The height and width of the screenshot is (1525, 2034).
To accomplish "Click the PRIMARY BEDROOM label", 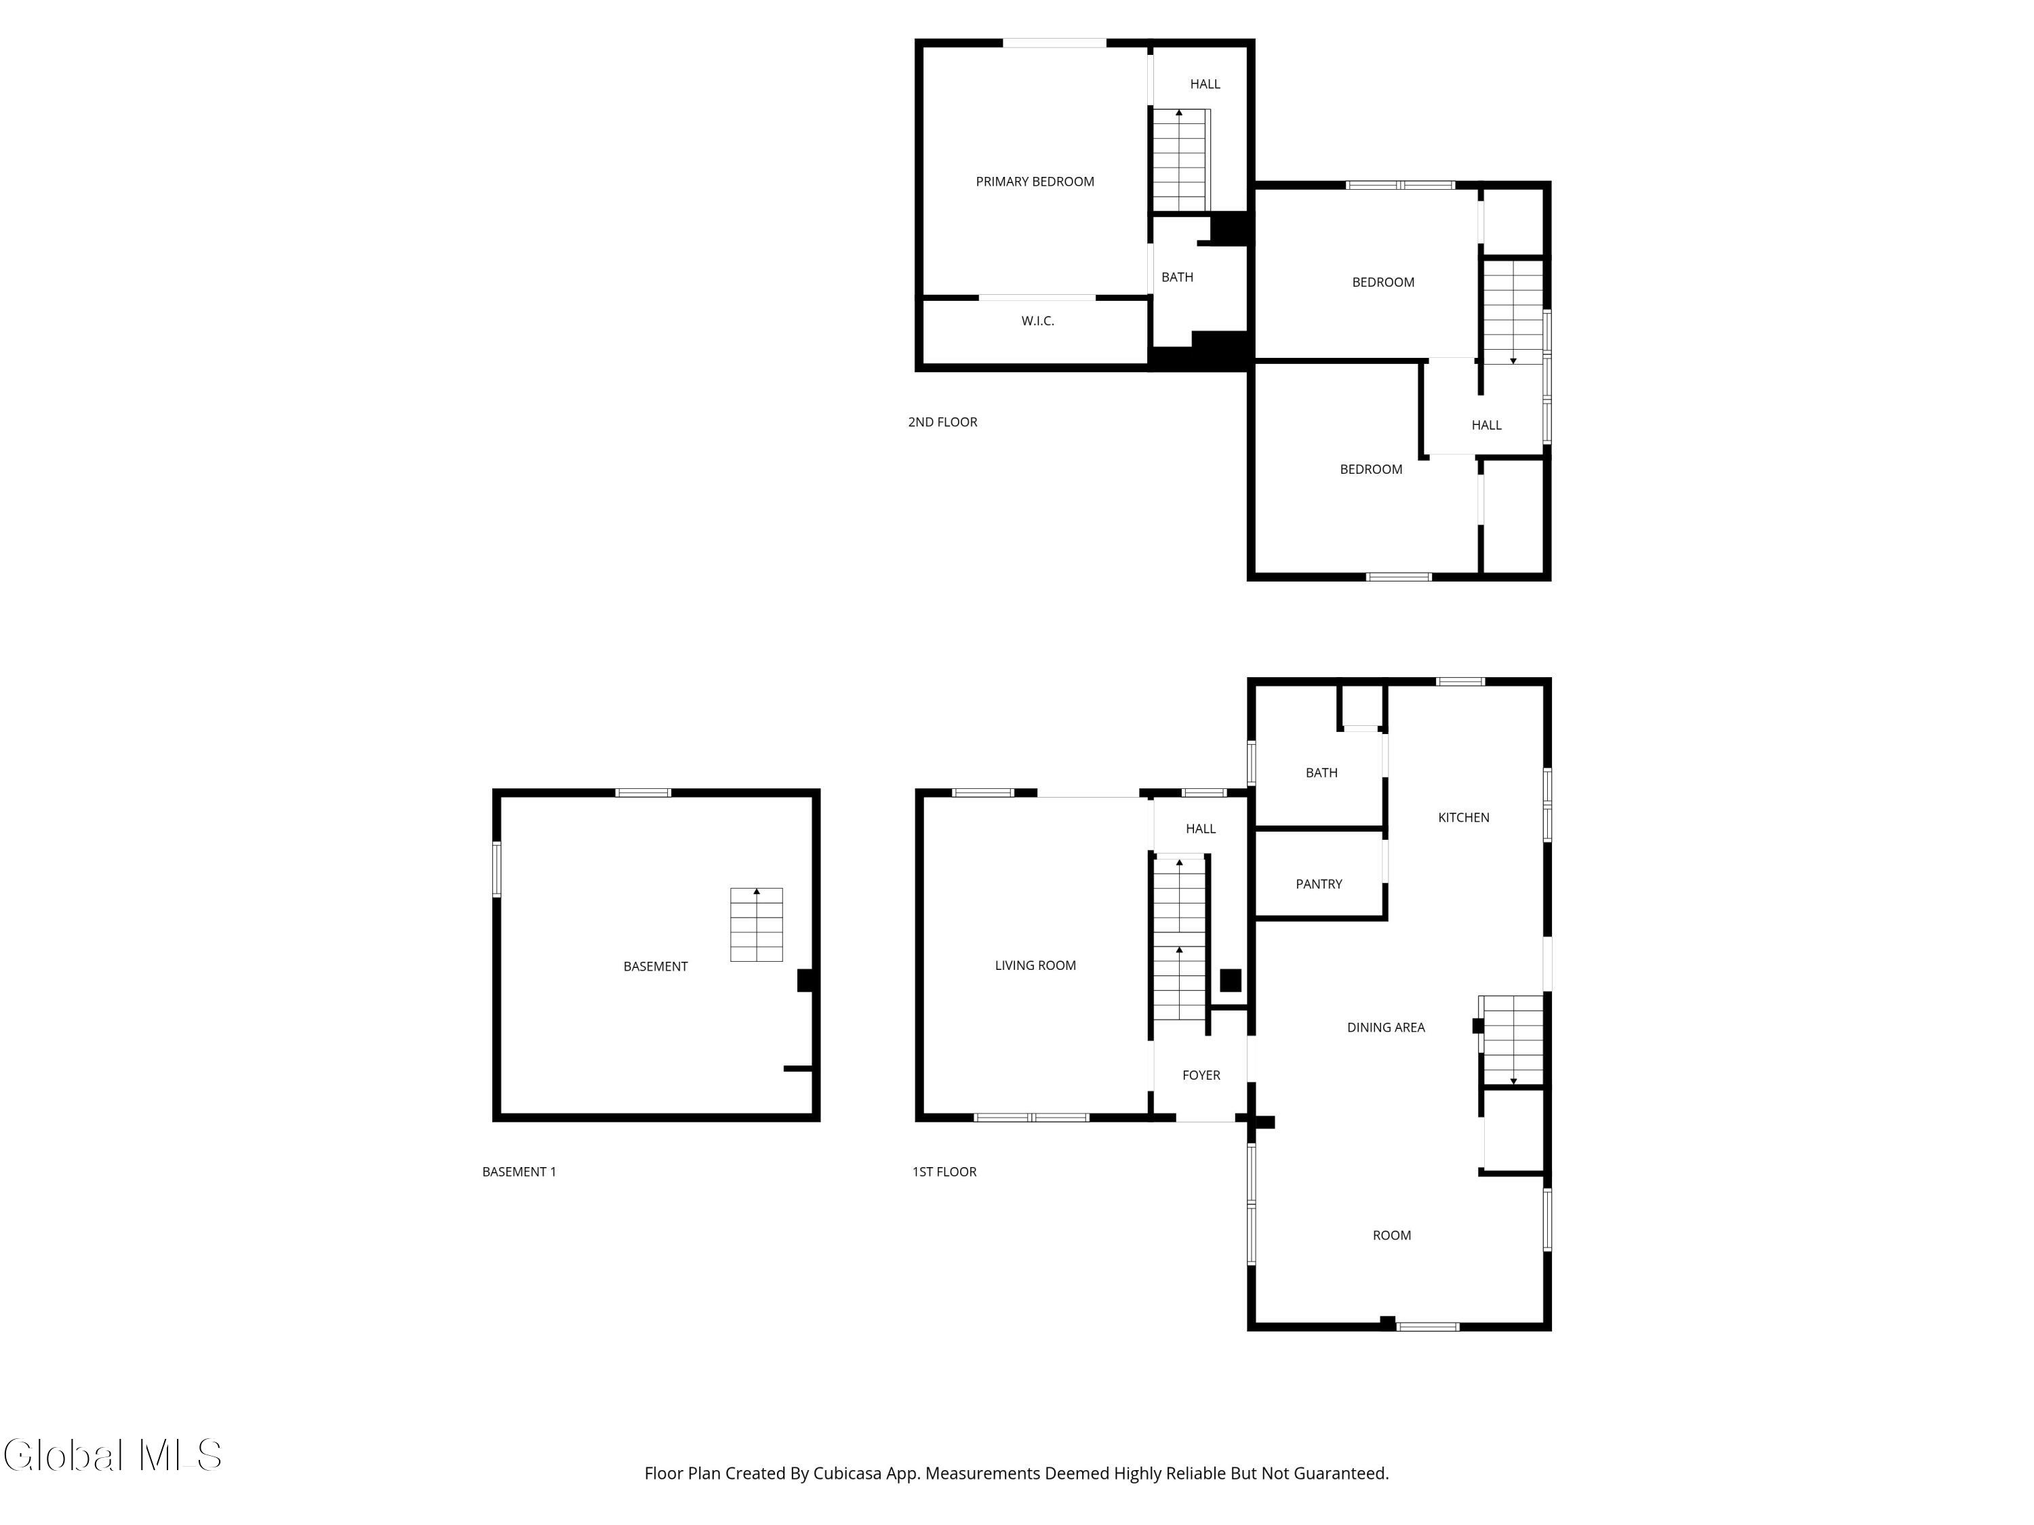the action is [x=1035, y=182].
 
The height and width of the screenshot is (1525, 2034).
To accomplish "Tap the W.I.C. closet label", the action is [x=1037, y=321].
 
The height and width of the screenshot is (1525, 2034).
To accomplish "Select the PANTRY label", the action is [x=1319, y=884].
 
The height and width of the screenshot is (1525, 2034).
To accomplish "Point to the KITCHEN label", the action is [x=1463, y=817].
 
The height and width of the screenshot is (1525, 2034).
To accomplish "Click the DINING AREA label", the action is [x=1386, y=1028].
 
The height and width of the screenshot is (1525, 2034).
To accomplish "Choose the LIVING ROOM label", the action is [x=1035, y=965].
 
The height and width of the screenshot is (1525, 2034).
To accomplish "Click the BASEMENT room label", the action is [x=656, y=966].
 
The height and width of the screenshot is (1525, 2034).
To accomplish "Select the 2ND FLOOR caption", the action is [x=942, y=422].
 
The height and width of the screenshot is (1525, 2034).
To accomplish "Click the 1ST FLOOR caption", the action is [x=944, y=1172].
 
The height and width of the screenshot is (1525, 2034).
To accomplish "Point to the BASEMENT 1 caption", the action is [x=519, y=1172].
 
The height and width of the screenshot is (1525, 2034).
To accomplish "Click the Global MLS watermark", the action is [x=112, y=1455].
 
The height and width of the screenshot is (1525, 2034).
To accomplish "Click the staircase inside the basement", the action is [x=756, y=924].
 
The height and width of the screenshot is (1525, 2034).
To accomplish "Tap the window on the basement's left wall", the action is [x=496, y=869].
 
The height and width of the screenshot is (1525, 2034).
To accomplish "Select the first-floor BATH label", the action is [x=1321, y=773].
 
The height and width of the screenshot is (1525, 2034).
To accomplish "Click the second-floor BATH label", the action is [x=1177, y=277].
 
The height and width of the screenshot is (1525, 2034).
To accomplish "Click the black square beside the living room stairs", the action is [x=1231, y=980].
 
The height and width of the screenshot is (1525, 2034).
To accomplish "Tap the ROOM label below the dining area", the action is [x=1391, y=1236].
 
